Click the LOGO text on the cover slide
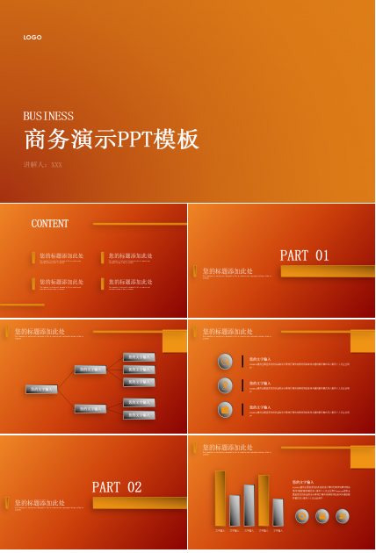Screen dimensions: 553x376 [x=33, y=38]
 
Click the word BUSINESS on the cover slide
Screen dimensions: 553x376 [x=48, y=116]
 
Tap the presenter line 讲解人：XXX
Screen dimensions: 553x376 [x=43, y=165]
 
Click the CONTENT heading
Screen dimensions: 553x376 [x=50, y=224]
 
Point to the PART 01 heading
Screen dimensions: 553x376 [x=304, y=255]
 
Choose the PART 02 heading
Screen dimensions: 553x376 [x=117, y=487]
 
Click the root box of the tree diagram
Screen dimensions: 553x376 [x=41, y=389]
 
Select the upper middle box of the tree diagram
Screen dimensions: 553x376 [x=90, y=370]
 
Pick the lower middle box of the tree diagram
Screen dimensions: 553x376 [x=90, y=408]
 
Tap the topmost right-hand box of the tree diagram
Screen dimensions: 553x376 [x=139, y=357]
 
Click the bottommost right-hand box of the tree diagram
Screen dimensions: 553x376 [x=139, y=414]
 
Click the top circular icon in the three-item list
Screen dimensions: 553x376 [x=226, y=361]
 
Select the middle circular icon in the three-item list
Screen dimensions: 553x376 [x=226, y=385]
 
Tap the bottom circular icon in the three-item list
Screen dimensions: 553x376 [x=226, y=409]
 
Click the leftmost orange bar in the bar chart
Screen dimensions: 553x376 [x=220, y=498]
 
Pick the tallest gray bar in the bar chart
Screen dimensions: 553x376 [x=249, y=505]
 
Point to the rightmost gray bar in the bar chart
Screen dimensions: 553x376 [x=278, y=512]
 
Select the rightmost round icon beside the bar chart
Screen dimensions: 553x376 [x=343, y=516]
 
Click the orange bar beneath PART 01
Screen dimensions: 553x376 [x=327, y=271]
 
